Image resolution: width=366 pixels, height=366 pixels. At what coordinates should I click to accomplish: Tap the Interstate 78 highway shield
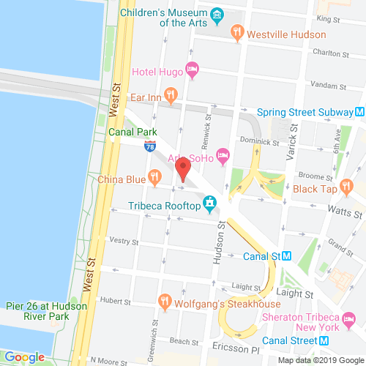coord(151,146)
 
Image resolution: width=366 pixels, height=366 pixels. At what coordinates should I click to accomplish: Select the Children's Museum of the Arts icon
coord(217,15)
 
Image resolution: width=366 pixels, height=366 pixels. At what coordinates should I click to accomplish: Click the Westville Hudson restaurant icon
coord(236,31)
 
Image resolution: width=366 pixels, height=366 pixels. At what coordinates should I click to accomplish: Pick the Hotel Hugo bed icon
coord(193,71)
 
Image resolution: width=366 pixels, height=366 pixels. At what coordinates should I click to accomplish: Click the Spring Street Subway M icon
coord(359,112)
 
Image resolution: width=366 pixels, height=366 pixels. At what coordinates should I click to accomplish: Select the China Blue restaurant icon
coord(154,176)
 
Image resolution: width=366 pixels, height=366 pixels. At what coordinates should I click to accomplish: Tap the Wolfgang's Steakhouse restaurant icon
coord(165,301)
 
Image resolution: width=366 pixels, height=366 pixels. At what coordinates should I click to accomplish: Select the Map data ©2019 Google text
coord(319,360)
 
